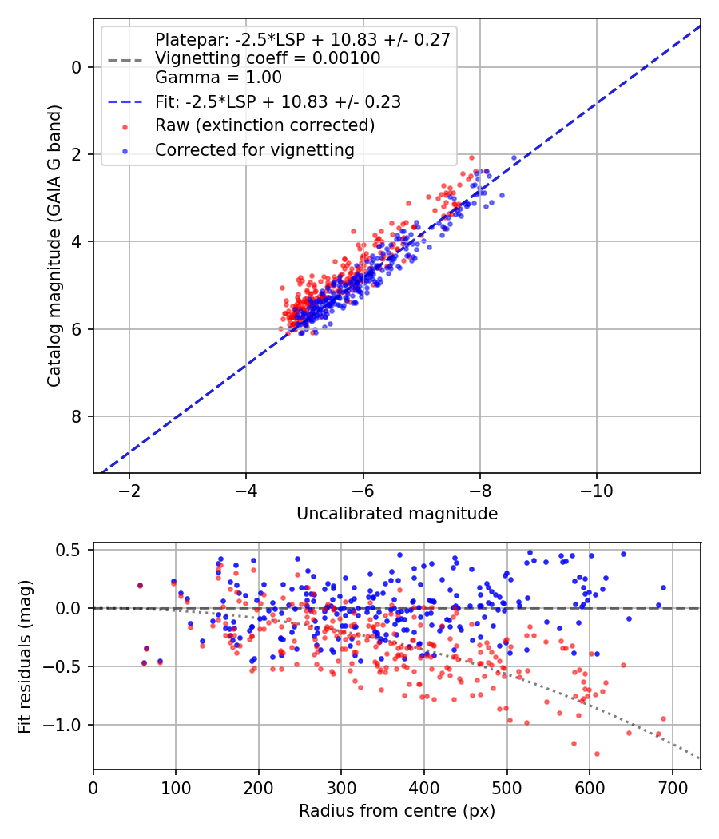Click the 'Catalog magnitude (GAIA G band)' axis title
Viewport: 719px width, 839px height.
click(54, 245)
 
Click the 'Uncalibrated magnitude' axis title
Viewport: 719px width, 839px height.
click(397, 514)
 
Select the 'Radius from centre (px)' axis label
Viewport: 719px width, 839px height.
click(397, 811)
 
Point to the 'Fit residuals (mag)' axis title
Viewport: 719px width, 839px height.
click(25, 657)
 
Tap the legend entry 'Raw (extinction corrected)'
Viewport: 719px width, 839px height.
click(264, 125)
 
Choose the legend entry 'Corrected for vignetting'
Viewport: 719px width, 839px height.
click(255, 150)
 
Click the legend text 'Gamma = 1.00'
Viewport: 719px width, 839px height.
click(218, 78)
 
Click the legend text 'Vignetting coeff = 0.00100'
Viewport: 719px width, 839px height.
click(268, 58)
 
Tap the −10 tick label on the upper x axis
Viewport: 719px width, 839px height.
click(597, 491)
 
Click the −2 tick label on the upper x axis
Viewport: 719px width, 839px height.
click(129, 491)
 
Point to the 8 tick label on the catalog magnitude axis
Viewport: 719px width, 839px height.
click(77, 416)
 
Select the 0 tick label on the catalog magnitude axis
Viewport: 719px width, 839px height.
click(77, 67)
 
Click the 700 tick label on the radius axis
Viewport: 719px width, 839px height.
click(673, 788)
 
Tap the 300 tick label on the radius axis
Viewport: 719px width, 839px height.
click(341, 788)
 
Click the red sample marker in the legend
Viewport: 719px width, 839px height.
click(125, 127)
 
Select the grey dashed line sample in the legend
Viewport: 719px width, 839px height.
click(125, 60)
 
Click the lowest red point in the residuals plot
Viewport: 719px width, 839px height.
click(597, 754)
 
